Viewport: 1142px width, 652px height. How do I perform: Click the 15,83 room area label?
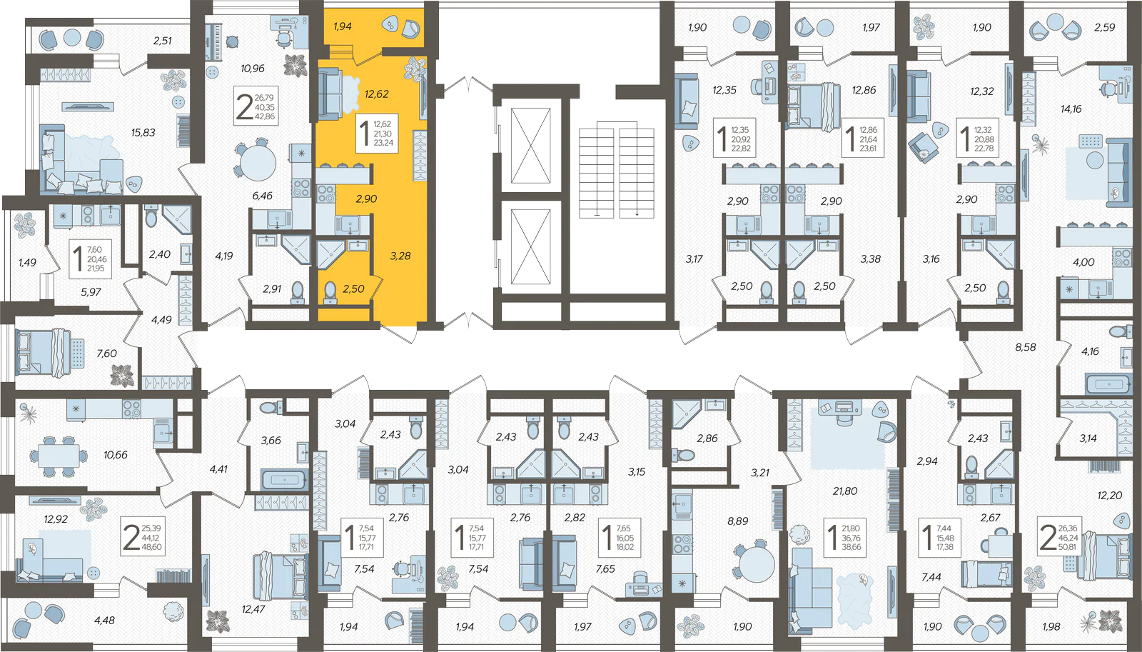[143, 133]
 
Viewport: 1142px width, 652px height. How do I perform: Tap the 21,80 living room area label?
[845, 491]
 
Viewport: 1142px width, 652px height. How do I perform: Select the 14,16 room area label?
[1071, 109]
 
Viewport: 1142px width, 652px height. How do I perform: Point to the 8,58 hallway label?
[1025, 347]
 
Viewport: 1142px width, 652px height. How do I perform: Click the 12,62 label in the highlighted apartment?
[376, 94]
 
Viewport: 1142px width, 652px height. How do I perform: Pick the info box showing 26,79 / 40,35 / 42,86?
[256, 106]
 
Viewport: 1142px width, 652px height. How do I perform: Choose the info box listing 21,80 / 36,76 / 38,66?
[844, 537]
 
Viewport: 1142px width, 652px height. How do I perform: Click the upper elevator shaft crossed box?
[530, 146]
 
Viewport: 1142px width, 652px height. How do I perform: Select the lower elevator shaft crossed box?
[530, 246]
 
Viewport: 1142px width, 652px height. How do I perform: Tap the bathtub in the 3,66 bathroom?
[284, 480]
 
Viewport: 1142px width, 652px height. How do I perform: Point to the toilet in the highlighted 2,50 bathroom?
[330, 293]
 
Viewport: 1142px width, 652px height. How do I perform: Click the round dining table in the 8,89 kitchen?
[757, 564]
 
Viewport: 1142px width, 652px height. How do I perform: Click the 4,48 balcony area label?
[104, 621]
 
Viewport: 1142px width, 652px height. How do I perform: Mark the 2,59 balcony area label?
[1104, 28]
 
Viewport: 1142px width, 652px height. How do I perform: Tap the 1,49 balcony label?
[27, 262]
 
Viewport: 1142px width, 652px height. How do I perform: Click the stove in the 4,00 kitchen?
[1121, 258]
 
